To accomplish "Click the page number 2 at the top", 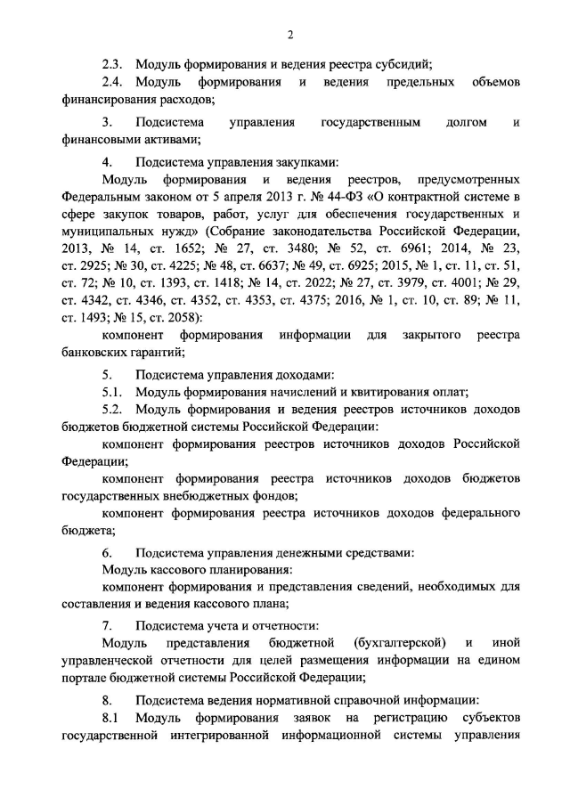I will pyautogui.click(x=290, y=35).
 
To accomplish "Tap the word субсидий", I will pyautogui.click(x=406, y=63).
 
